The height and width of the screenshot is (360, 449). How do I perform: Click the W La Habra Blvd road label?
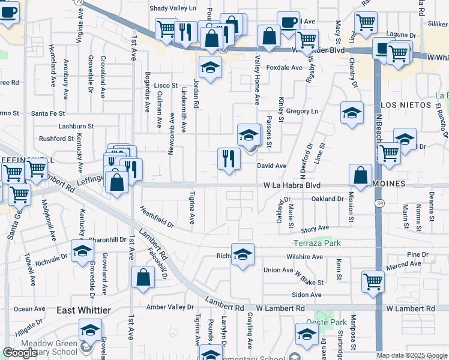tap(292, 186)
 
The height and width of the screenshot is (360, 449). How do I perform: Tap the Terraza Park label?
tap(317, 243)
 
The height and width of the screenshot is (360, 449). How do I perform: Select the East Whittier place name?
tap(84, 310)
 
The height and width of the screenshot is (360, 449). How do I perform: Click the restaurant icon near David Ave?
tap(229, 160)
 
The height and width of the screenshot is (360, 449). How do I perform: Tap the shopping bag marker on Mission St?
tap(360, 176)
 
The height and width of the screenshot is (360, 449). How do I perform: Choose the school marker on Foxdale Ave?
tap(210, 69)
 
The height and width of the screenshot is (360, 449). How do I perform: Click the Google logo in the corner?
tap(20, 353)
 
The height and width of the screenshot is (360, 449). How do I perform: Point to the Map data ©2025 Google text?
tap(412, 355)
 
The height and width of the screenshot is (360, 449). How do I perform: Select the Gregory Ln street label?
tap(302, 111)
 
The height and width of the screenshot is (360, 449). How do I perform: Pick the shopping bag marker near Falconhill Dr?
tap(143, 278)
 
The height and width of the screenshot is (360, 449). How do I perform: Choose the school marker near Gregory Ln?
tap(352, 113)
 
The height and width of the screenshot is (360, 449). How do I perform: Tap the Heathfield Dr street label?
tap(157, 217)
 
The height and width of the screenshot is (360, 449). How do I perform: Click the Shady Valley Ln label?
tap(172, 8)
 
